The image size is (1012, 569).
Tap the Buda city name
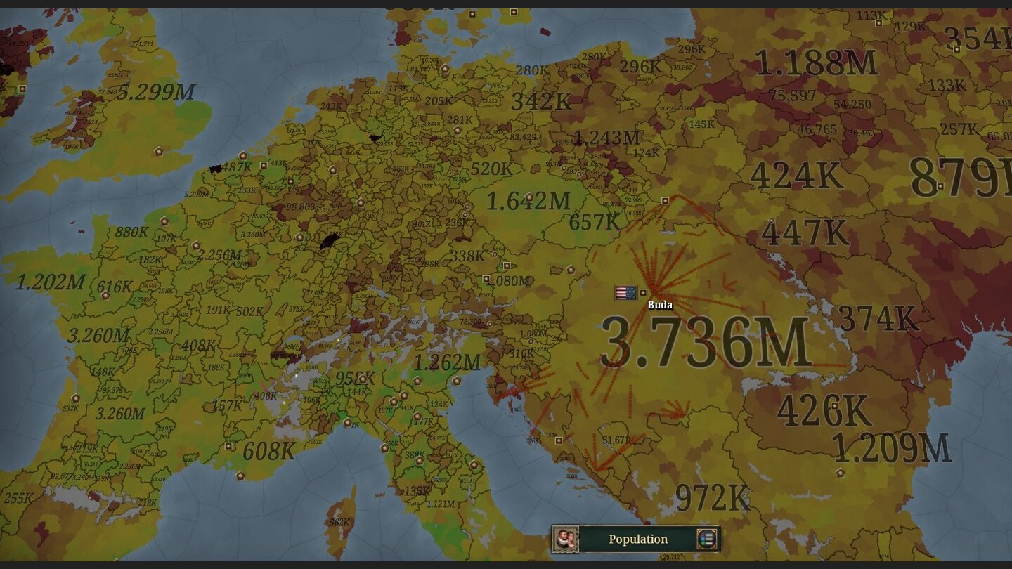click(660, 305)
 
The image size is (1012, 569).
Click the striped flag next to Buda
click(625, 293)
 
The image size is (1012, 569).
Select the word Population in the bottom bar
click(638, 539)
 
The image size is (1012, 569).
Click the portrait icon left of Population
click(565, 539)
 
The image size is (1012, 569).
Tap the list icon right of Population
click(706, 539)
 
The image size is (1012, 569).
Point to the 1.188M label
click(817, 63)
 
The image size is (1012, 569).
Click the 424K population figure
click(796, 176)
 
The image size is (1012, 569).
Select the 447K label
click(805, 233)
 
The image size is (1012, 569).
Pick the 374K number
click(878, 319)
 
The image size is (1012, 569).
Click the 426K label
click(824, 411)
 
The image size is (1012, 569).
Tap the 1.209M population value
click(891, 447)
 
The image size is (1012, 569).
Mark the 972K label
click(713, 498)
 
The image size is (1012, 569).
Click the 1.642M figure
click(528, 202)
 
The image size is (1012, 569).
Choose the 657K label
click(595, 222)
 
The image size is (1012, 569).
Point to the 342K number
click(541, 101)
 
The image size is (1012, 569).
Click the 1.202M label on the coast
click(51, 282)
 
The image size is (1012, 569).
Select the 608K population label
click(269, 451)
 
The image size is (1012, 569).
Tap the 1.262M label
click(447, 362)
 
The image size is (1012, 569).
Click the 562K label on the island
click(339, 522)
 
